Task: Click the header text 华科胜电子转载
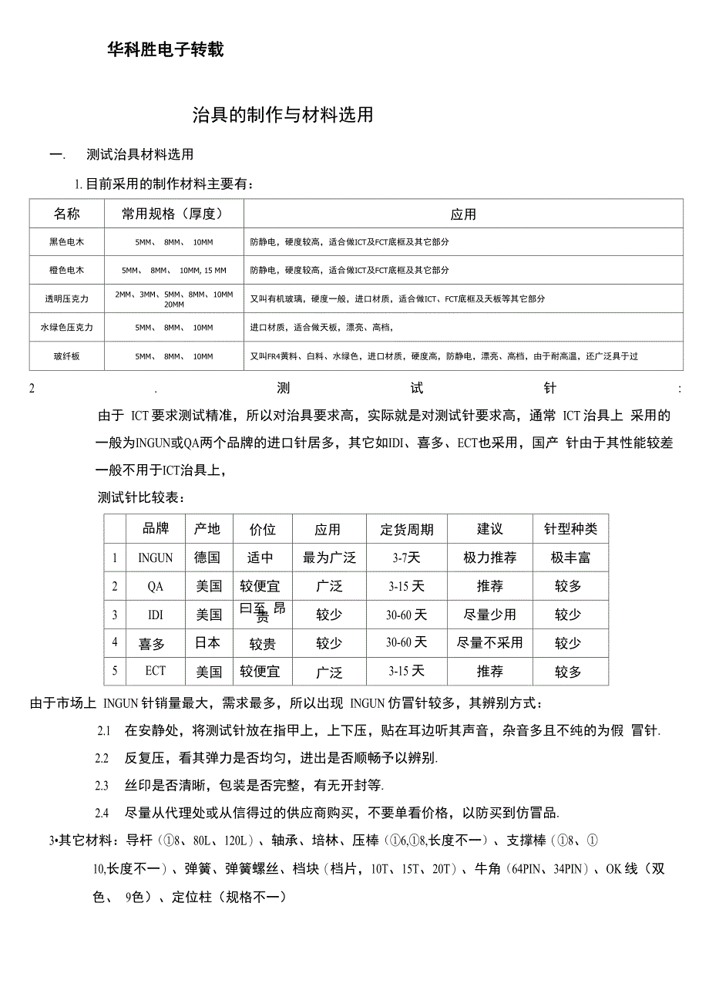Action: [x=166, y=50]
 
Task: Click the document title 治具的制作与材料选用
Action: [x=283, y=115]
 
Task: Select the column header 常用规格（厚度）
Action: [x=173, y=214]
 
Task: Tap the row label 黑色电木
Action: [x=67, y=242]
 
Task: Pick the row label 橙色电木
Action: [x=67, y=271]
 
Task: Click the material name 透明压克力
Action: [x=67, y=298]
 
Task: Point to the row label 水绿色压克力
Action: [x=67, y=327]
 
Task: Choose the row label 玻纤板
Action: [x=67, y=356]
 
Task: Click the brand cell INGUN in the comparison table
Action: [x=156, y=558]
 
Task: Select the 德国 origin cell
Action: [x=208, y=558]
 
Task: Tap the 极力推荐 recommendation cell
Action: [x=490, y=558]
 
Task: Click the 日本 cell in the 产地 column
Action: [x=208, y=642]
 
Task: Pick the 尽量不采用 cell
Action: [x=490, y=642]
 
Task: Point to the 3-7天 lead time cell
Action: [x=407, y=558]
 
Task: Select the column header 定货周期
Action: [x=407, y=529]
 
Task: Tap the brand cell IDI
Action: [x=156, y=615]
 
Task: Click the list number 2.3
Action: [x=102, y=785]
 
